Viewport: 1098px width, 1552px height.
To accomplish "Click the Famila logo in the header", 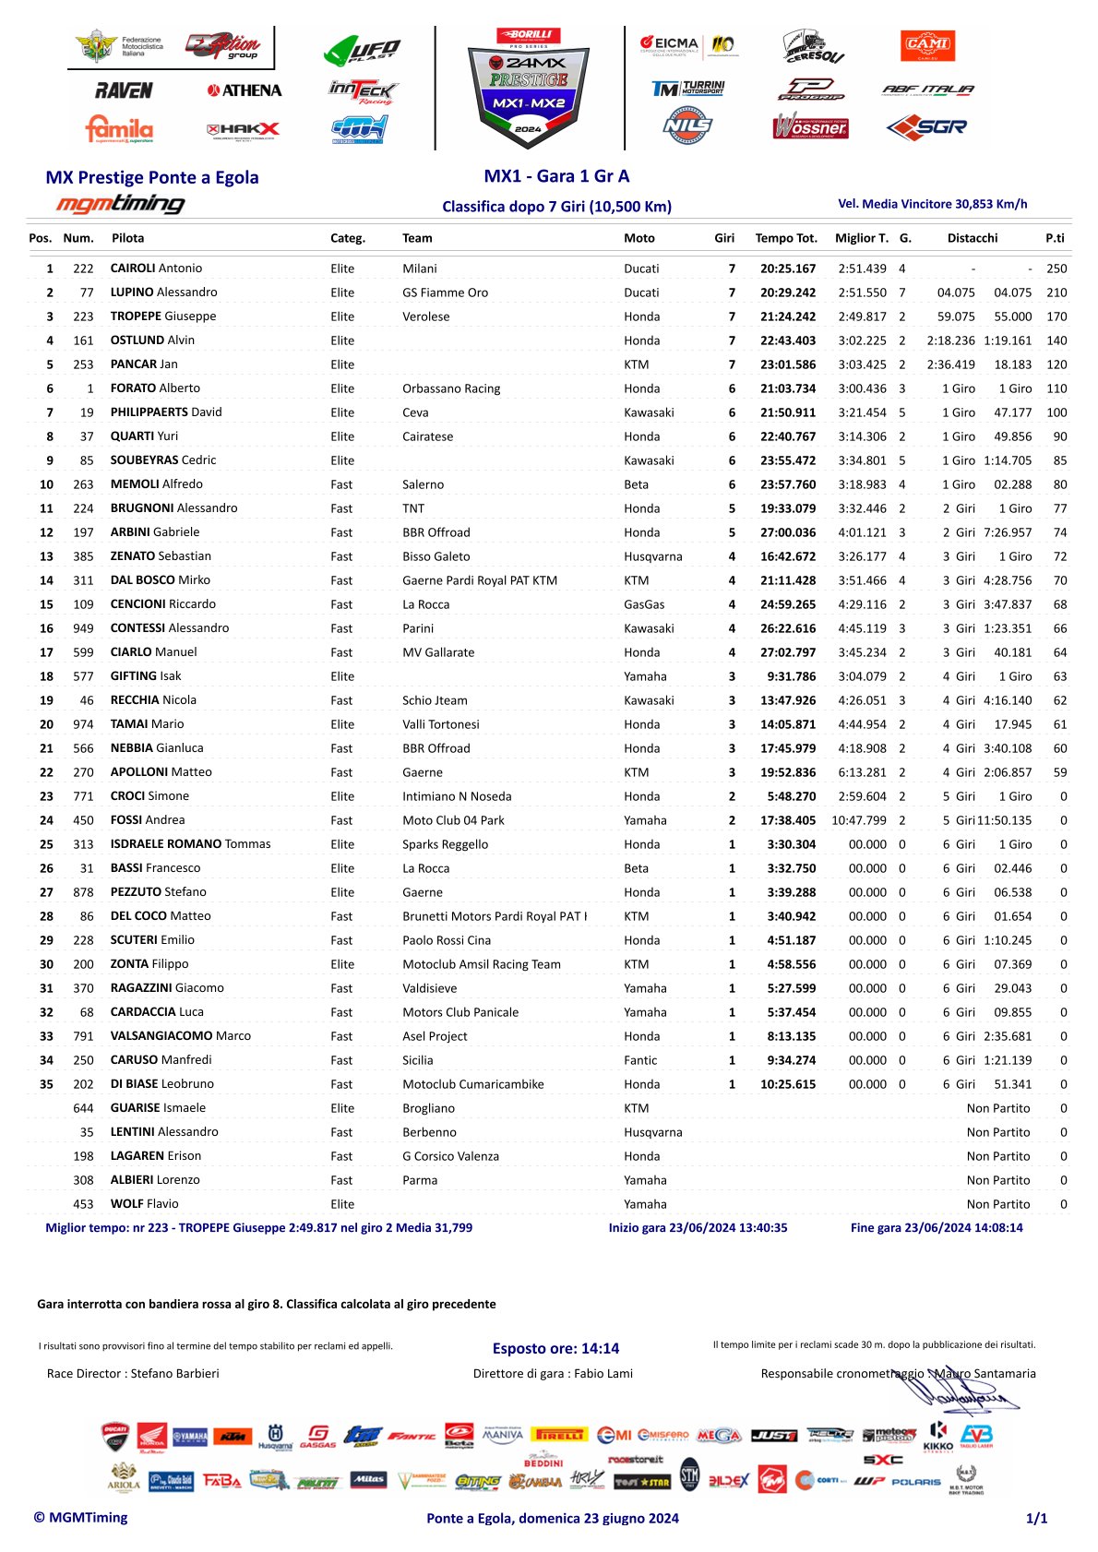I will click(x=119, y=129).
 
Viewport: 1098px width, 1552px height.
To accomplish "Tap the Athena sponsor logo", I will click(x=245, y=90).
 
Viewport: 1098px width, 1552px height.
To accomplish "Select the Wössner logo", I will click(x=810, y=126).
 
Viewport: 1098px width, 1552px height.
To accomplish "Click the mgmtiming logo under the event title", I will click(x=120, y=204).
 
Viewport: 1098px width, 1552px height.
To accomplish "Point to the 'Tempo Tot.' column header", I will click(x=786, y=238).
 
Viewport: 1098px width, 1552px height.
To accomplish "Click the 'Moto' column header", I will click(x=639, y=238).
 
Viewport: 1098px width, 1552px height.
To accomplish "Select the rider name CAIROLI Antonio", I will click(x=156, y=269).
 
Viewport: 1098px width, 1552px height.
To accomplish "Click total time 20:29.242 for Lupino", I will click(x=788, y=292).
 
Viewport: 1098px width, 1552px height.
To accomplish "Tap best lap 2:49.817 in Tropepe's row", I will click(x=862, y=316).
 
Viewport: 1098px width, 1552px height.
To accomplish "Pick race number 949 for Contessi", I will click(x=83, y=628).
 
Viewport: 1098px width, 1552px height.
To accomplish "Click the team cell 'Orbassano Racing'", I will click(x=451, y=388).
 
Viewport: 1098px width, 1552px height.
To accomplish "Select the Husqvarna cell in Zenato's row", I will click(x=652, y=556).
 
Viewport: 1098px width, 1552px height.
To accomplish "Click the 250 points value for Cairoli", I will click(x=1056, y=269).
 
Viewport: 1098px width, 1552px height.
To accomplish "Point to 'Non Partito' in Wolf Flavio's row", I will click(x=998, y=1204).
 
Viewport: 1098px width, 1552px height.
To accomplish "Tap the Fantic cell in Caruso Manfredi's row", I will click(x=640, y=1060).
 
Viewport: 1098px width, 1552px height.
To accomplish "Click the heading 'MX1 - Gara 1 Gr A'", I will click(x=556, y=176).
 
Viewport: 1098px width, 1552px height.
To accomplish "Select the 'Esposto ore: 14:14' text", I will click(x=555, y=1348).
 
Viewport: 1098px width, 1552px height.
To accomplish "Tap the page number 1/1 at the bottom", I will click(x=1036, y=1518).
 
